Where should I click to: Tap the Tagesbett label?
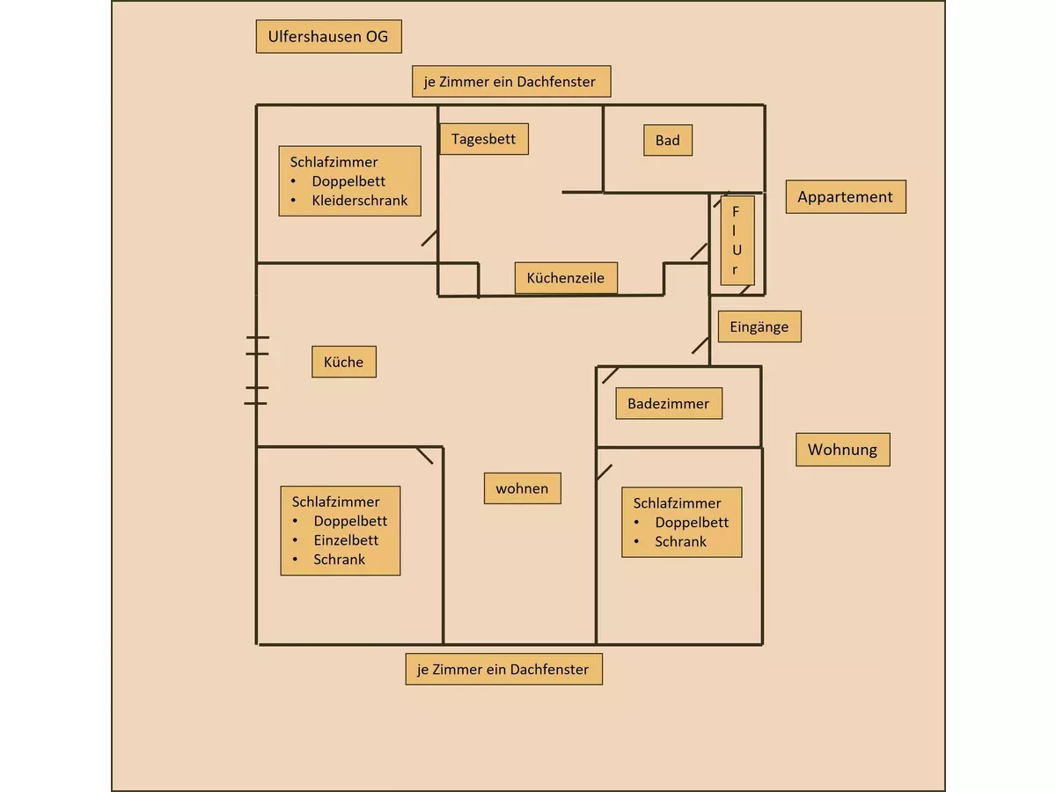click(x=483, y=139)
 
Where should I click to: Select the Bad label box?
click(x=667, y=140)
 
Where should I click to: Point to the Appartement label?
click(x=845, y=197)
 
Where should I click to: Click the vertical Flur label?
click(x=736, y=240)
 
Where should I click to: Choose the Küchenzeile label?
click(x=565, y=277)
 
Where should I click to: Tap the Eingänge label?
click(x=759, y=326)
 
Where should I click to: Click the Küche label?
click(x=343, y=362)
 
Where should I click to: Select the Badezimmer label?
click(x=668, y=404)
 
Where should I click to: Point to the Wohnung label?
click(x=842, y=450)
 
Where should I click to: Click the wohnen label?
click(x=522, y=488)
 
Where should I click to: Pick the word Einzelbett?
click(x=346, y=540)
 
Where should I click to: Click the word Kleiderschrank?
click(x=360, y=201)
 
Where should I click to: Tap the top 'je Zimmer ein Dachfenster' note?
click(x=510, y=82)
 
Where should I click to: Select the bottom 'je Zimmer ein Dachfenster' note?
click(x=503, y=670)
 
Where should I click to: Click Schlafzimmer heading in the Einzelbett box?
click(x=336, y=502)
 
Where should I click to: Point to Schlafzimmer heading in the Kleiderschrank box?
click(x=334, y=162)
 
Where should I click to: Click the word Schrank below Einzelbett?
click(x=339, y=560)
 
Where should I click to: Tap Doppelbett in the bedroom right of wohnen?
click(x=692, y=523)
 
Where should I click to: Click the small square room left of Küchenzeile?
click(x=458, y=279)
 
